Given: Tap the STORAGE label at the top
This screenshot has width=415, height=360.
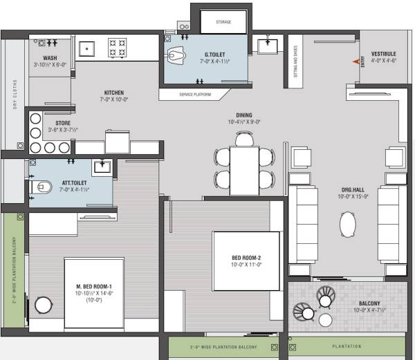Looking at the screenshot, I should (x=223, y=22).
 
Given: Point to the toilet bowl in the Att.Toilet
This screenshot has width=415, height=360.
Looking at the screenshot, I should (x=43, y=186).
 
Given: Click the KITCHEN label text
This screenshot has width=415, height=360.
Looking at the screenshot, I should (x=114, y=93).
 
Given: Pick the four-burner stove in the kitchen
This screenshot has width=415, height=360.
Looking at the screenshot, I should (x=118, y=47).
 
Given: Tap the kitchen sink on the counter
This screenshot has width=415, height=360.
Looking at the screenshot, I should (x=87, y=47).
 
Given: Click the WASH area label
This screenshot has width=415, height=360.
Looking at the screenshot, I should (x=50, y=58).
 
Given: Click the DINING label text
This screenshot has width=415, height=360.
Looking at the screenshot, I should (x=243, y=115).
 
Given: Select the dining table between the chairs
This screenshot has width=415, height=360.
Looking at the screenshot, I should (x=243, y=170).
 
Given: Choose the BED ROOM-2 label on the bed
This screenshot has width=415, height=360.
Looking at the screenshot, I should (x=246, y=258).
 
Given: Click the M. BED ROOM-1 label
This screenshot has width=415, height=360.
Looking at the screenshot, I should (x=94, y=287).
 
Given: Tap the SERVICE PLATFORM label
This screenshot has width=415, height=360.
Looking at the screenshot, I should (x=195, y=94).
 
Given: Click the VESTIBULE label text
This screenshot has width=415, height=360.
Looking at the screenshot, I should (x=383, y=53).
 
